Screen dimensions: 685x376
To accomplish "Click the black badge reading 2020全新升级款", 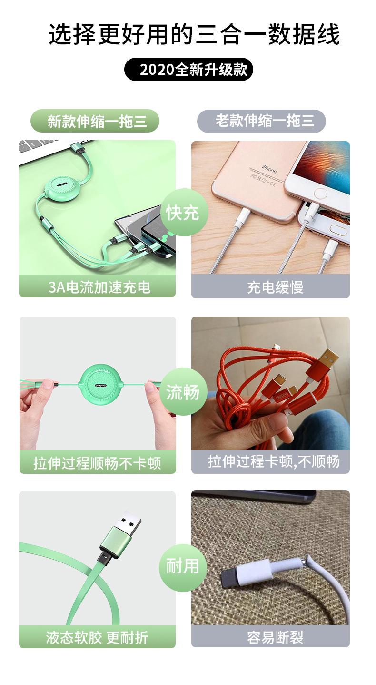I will [x=188, y=70].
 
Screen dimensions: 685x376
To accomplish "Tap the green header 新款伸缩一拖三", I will [x=95, y=121].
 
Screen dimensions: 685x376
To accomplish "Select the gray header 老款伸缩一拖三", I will [x=261, y=121].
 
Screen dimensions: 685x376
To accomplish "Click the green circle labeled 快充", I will [x=183, y=212].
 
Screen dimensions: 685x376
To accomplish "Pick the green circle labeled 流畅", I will [x=183, y=392].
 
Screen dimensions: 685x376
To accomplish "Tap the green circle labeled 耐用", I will [x=183, y=566].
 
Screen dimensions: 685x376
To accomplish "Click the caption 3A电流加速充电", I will [x=98, y=286].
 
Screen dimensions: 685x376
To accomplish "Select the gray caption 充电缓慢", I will [x=270, y=287].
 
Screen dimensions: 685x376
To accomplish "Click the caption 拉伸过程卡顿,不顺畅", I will [x=270, y=461].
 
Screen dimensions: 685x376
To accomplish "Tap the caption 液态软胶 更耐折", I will [x=98, y=637].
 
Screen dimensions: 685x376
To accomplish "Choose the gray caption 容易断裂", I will [x=270, y=637].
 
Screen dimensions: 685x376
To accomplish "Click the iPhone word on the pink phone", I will [x=269, y=169].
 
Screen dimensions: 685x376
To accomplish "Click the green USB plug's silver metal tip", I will [x=129, y=520].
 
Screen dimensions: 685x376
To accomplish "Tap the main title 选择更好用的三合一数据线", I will [x=194, y=35].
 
